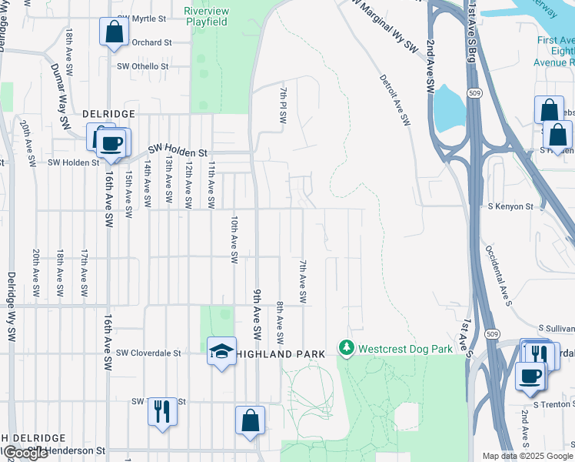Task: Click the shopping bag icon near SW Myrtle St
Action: point(114,33)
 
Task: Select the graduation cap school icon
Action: point(221,353)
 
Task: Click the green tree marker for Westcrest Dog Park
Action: point(347,350)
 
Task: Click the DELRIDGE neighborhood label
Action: point(109,113)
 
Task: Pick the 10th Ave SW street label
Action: point(233,239)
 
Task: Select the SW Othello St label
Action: point(142,67)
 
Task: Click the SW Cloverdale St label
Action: point(148,353)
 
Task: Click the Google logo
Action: point(25,454)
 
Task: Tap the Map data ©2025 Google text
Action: point(527,456)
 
